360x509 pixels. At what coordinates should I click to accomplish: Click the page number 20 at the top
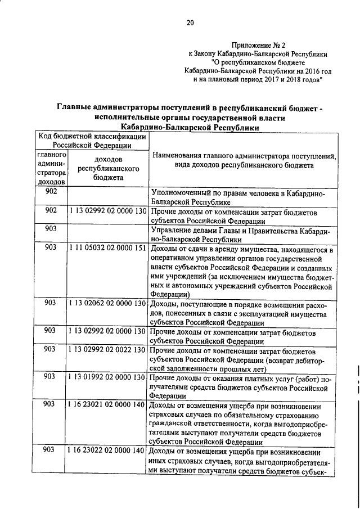[190, 23]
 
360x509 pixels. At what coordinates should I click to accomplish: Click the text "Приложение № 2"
[260, 45]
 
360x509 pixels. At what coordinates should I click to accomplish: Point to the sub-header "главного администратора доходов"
[52, 168]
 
